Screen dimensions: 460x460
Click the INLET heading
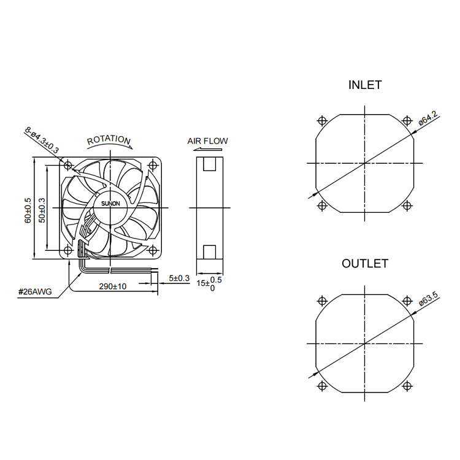pyautogui.click(x=365, y=85)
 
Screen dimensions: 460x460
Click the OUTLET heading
pyautogui.click(x=365, y=264)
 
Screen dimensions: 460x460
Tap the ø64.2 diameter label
pyautogui.click(x=428, y=118)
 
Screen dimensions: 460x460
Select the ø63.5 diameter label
pyautogui.click(x=428, y=299)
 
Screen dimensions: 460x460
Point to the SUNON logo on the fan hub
pyautogui.click(x=110, y=204)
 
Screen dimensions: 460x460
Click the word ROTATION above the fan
pyautogui.click(x=109, y=140)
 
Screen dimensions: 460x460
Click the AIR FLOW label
pyautogui.click(x=207, y=141)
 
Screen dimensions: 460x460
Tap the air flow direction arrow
pyautogui.click(x=208, y=150)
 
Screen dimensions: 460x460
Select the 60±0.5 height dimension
pyautogui.click(x=28, y=210)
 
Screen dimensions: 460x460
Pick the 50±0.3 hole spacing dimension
pyautogui.click(x=42, y=210)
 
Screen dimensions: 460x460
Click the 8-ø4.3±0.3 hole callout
pyautogui.click(x=42, y=140)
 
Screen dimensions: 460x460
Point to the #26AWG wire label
pyautogui.click(x=35, y=291)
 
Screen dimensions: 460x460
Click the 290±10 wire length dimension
pyautogui.click(x=113, y=286)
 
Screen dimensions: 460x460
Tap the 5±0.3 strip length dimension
pyautogui.click(x=179, y=278)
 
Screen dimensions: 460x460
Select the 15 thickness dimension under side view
pyautogui.click(x=209, y=284)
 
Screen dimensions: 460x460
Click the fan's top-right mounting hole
pyautogui.click(x=153, y=165)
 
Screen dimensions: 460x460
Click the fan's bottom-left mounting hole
pyautogui.click(x=68, y=250)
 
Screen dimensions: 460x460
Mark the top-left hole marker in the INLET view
pyautogui.click(x=322, y=121)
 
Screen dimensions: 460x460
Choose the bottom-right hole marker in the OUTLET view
pyautogui.click(x=407, y=386)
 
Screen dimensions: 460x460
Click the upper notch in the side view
pyautogui.click(x=210, y=164)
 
